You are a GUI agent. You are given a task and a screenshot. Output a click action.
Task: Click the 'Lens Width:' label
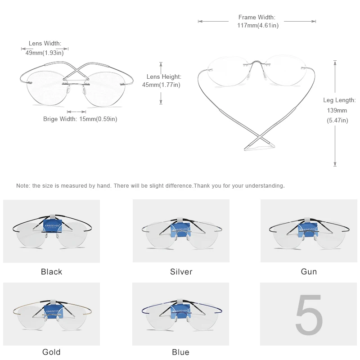(45, 44)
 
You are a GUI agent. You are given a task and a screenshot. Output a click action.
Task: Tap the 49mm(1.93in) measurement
(45, 53)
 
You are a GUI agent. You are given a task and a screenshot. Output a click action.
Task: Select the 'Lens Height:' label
(164, 77)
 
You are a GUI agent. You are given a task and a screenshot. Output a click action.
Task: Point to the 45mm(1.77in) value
(161, 85)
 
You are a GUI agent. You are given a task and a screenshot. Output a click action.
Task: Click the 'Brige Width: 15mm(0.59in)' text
(80, 119)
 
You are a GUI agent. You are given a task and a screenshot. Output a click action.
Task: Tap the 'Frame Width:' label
(257, 18)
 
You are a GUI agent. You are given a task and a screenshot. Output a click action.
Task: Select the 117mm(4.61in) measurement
(258, 26)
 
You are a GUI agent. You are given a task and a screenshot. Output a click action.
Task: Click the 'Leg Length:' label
(339, 100)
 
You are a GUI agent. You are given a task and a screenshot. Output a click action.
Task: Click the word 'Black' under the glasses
(51, 272)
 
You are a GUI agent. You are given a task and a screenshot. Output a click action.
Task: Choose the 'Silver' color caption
(181, 272)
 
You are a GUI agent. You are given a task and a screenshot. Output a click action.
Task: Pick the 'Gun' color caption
(309, 272)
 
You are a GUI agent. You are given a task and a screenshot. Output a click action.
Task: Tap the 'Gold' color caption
(51, 352)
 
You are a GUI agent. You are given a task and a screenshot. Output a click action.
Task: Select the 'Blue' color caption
(180, 352)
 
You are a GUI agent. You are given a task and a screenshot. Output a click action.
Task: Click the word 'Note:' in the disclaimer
(23, 185)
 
